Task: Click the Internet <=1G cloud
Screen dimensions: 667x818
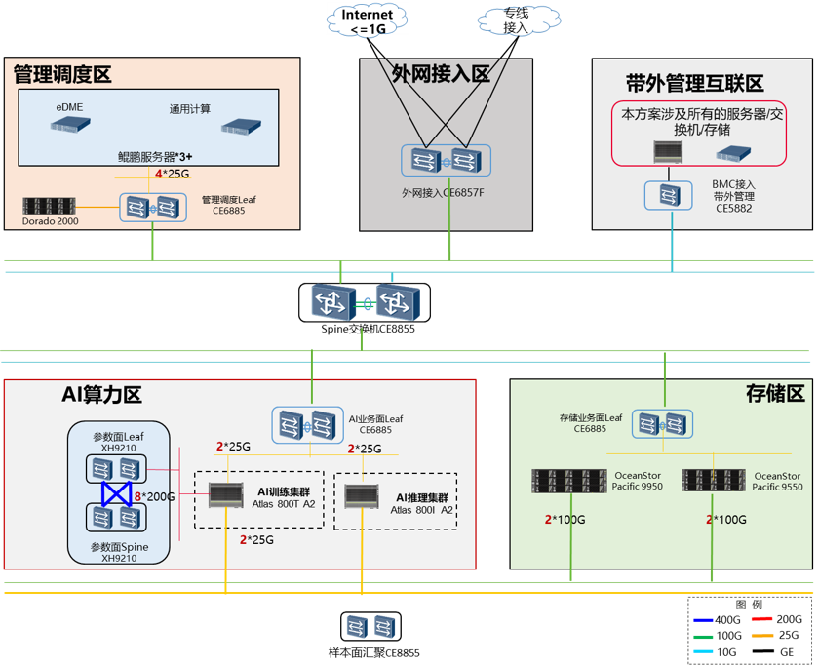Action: [368, 20]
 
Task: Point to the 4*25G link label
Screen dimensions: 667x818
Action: [173, 175]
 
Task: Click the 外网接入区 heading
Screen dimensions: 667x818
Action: [441, 75]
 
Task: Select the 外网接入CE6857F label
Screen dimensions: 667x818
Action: [443, 193]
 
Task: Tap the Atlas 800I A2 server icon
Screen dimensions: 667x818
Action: [363, 496]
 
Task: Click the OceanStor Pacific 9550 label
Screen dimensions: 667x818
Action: [779, 481]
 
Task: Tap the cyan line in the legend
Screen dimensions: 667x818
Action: [705, 650]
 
